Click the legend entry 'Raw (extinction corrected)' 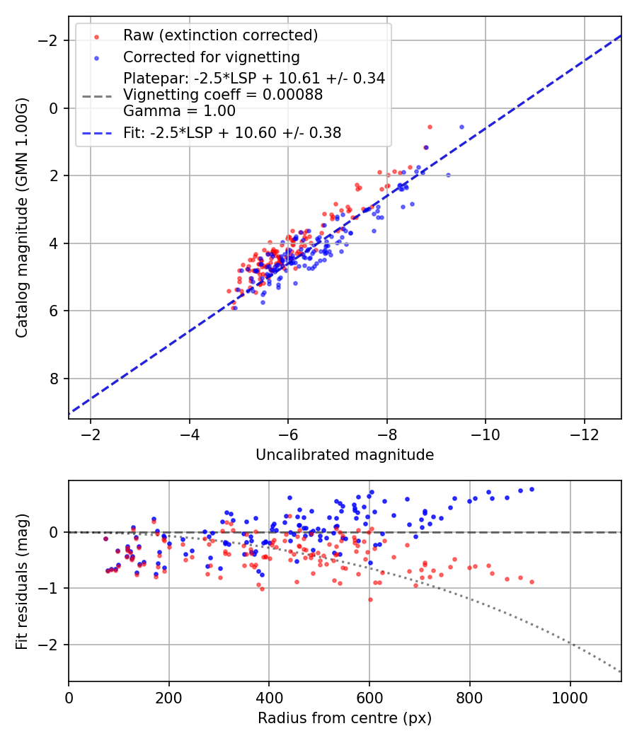pyautogui.click(x=220, y=35)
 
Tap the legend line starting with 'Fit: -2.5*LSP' pyautogui.click(x=232, y=133)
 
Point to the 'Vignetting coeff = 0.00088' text pyautogui.click(x=223, y=95)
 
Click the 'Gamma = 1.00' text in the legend pyautogui.click(x=179, y=111)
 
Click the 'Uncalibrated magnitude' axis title pyautogui.click(x=345, y=455)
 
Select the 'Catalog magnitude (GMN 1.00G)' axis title pyautogui.click(x=23, y=217)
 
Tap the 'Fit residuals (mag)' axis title pyautogui.click(x=23, y=581)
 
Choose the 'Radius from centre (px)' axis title pyautogui.click(x=345, y=718)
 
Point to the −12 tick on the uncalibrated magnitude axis pyautogui.click(x=584, y=433)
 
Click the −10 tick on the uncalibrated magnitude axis pyautogui.click(x=486, y=433)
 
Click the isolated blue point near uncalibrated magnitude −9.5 pyautogui.click(x=461, y=127)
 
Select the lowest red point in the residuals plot pyautogui.click(x=370, y=599)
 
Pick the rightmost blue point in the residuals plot pyautogui.click(x=532, y=489)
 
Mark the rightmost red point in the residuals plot pyautogui.click(x=532, y=582)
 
